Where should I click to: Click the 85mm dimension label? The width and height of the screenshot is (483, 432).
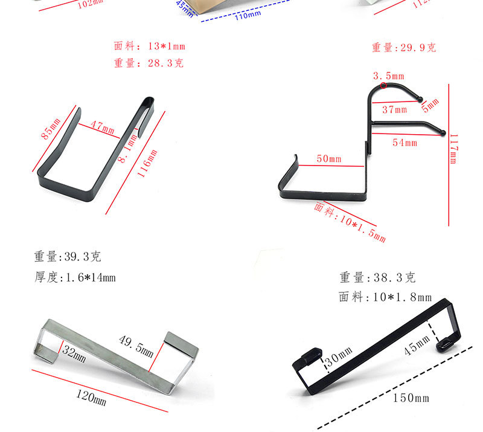(x=51, y=128)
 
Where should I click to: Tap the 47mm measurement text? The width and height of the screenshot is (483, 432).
(x=102, y=127)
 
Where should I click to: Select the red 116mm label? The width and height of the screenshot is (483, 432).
(x=147, y=163)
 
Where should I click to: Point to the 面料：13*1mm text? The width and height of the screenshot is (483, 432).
(x=150, y=47)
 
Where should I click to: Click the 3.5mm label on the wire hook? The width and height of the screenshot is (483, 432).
(x=388, y=76)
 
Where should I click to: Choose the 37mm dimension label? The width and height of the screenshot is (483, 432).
(x=395, y=109)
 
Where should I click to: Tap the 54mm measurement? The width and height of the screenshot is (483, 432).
(x=405, y=143)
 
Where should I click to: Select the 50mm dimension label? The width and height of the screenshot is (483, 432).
(x=329, y=159)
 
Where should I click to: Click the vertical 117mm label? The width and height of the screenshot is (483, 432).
(x=454, y=149)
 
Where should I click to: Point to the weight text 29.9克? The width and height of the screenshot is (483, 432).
(x=403, y=48)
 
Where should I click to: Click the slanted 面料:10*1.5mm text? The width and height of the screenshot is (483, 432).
(x=350, y=221)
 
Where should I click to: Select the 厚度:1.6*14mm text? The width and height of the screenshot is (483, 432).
(x=74, y=278)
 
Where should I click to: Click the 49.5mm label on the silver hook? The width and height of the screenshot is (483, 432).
(x=136, y=347)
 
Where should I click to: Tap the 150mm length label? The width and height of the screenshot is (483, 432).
(x=411, y=398)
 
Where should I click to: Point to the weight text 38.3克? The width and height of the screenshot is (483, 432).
(x=377, y=278)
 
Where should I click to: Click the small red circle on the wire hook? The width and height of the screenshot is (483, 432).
(x=384, y=86)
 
